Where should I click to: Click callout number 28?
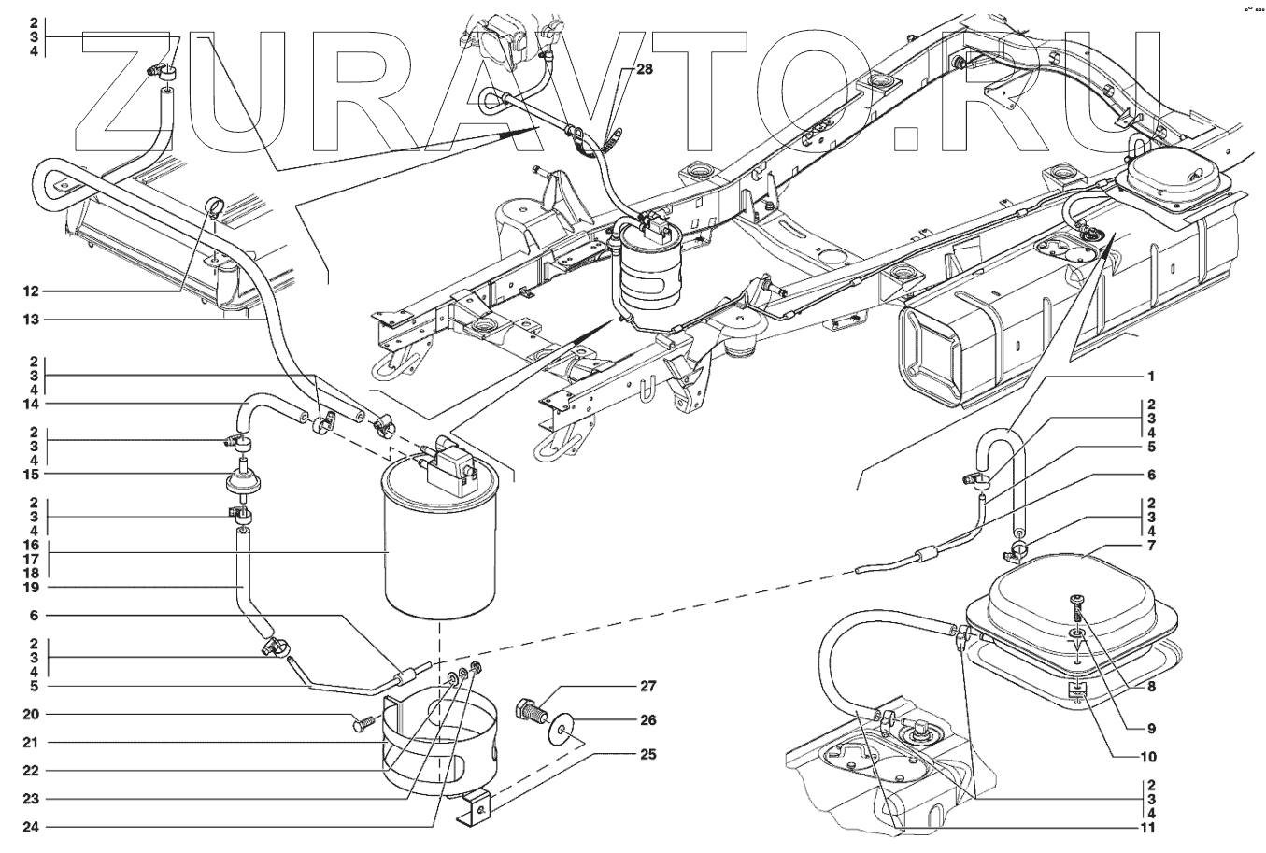pyautogui.click(x=646, y=69)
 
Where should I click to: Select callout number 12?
pyautogui.click(x=32, y=291)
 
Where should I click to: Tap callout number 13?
pyautogui.click(x=32, y=320)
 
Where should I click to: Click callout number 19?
pyautogui.click(x=32, y=587)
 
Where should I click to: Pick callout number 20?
pyautogui.click(x=32, y=715)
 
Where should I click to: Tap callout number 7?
pyautogui.click(x=1151, y=545)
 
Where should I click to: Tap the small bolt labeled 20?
pyautogui.click(x=363, y=723)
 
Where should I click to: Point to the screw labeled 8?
pyautogui.click(x=1077, y=608)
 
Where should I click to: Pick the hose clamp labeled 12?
pyautogui.click(x=213, y=205)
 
